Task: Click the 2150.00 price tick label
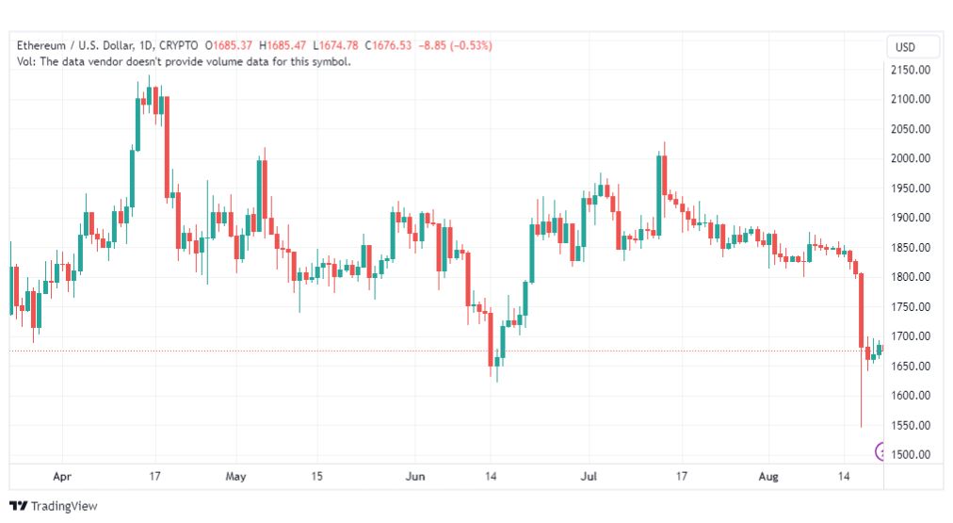tap(910, 70)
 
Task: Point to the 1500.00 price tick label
tap(910, 454)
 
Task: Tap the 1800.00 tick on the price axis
tap(910, 277)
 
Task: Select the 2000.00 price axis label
tap(910, 158)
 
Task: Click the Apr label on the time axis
tap(62, 476)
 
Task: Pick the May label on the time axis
tap(235, 476)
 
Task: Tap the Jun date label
tap(415, 476)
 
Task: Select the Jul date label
tap(589, 476)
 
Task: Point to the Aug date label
tap(768, 476)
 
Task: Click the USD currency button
tap(905, 47)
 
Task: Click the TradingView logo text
tap(64, 506)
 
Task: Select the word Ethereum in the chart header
tap(41, 45)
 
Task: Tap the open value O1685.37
tap(229, 45)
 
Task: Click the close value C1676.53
tap(388, 45)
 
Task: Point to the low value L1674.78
tap(335, 45)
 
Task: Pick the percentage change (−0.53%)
tap(471, 45)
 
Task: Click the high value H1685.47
tap(283, 45)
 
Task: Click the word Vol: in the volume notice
tap(26, 61)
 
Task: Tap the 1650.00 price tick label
tap(910, 366)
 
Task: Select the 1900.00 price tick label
tap(910, 218)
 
